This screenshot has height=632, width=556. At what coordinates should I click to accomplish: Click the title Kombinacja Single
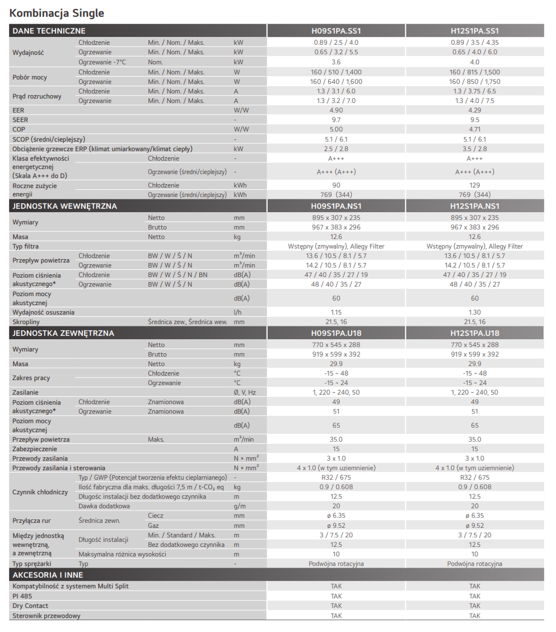click(x=57, y=13)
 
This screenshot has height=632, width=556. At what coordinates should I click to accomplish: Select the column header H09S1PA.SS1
click(x=336, y=31)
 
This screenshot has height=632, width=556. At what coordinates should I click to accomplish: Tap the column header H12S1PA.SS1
click(x=474, y=31)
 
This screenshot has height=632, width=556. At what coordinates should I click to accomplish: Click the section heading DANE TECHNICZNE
click(x=49, y=31)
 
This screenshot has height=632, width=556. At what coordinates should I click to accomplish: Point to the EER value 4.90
click(x=336, y=110)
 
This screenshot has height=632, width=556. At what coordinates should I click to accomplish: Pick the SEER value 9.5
click(x=474, y=120)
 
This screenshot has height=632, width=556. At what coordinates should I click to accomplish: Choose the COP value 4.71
click(x=474, y=129)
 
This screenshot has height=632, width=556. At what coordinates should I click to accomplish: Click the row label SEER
click(x=20, y=120)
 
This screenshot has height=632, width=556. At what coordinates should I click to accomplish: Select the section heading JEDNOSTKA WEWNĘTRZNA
click(x=64, y=206)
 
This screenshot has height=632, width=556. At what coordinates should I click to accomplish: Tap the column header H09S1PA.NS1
click(x=336, y=206)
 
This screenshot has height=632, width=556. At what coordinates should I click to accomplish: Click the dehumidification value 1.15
click(x=336, y=312)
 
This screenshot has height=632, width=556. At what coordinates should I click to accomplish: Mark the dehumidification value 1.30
click(x=474, y=312)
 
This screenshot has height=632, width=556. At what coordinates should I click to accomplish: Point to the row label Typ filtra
click(x=26, y=246)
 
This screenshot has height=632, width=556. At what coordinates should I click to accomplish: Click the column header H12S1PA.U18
click(x=474, y=333)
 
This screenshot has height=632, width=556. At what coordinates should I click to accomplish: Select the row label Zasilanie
click(x=26, y=392)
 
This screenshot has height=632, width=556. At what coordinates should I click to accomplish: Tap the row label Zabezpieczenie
click(x=35, y=449)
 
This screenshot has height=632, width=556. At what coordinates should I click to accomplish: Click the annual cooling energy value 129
click(x=474, y=185)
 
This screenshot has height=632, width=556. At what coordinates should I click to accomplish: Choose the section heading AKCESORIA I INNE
click(x=48, y=575)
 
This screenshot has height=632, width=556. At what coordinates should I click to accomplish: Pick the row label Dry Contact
click(x=30, y=606)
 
